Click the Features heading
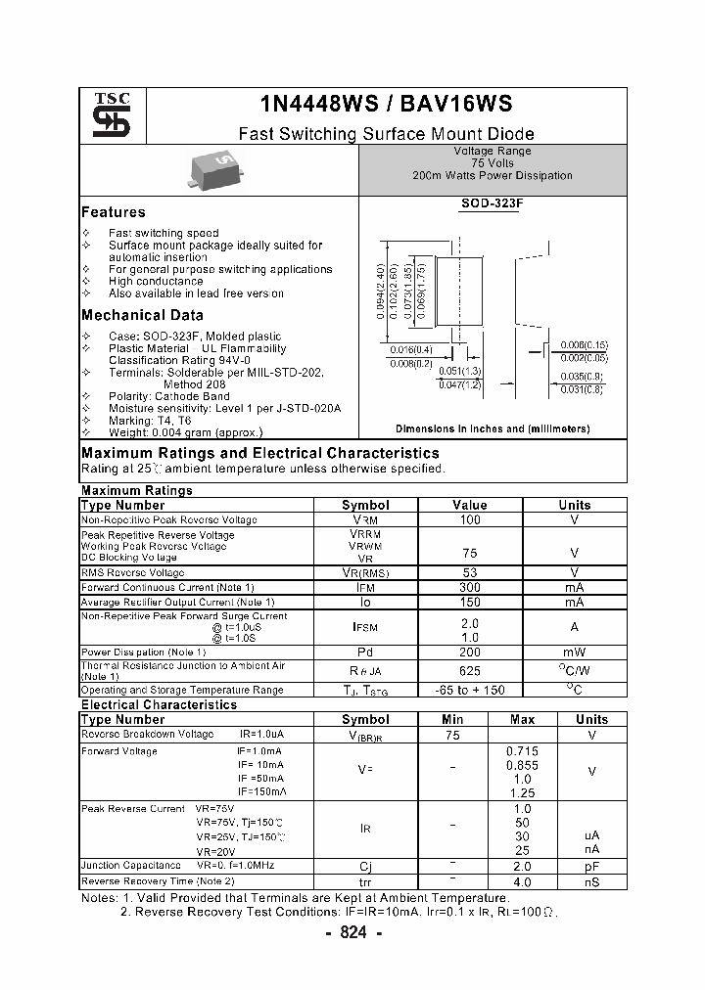pyautogui.click(x=113, y=212)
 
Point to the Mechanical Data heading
pyautogui.click(x=142, y=315)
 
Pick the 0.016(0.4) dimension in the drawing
pyautogui.click(x=411, y=349)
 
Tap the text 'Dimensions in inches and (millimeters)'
pyautogui.click(x=493, y=428)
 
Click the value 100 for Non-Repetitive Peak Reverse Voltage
pyautogui.click(x=470, y=520)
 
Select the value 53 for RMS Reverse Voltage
pyautogui.click(x=470, y=571)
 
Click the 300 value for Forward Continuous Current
pyautogui.click(x=470, y=587)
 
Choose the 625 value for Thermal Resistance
pyautogui.click(x=470, y=671)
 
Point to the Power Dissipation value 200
pyautogui.click(x=470, y=652)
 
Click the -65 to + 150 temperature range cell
pyautogui.click(x=470, y=690)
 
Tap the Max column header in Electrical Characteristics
pyautogui.click(x=523, y=719)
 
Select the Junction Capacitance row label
pyautogui.click(x=131, y=865)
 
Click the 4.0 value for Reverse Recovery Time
pyautogui.click(x=523, y=881)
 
